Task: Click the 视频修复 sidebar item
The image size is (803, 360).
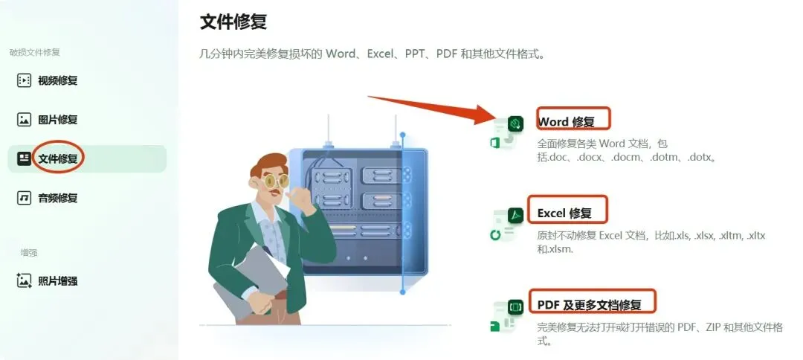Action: (x=57, y=80)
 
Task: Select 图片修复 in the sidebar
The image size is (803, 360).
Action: (x=57, y=120)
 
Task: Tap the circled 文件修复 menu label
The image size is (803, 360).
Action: (x=57, y=158)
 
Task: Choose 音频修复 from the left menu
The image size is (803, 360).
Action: (x=57, y=198)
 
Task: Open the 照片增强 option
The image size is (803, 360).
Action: (x=57, y=280)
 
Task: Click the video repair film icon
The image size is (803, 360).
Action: (x=24, y=80)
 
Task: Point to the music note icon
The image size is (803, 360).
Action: (x=24, y=198)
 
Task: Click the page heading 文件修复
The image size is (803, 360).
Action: (x=233, y=22)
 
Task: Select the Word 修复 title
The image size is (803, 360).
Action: (x=566, y=122)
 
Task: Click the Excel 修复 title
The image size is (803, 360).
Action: (x=564, y=213)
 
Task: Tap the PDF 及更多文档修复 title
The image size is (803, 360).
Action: (x=589, y=305)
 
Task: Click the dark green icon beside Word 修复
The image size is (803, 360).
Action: (x=515, y=123)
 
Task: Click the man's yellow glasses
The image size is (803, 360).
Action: (x=276, y=180)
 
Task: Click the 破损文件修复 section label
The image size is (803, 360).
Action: (x=34, y=52)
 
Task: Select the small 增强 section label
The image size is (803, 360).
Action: (x=29, y=252)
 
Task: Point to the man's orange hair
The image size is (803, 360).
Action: (x=269, y=164)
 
